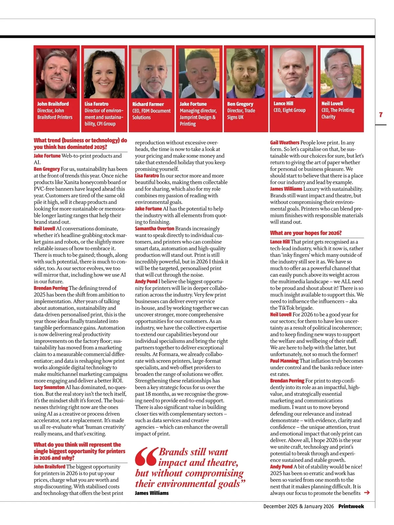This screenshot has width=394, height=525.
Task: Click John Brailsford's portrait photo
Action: click(x=56, y=73)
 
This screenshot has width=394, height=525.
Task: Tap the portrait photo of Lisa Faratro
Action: click(x=104, y=73)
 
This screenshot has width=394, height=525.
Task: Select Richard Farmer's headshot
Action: click(x=152, y=73)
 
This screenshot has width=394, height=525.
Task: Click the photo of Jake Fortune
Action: click(x=199, y=73)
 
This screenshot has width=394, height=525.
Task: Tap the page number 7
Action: click(x=381, y=115)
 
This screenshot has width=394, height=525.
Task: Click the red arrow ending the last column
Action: click(x=367, y=492)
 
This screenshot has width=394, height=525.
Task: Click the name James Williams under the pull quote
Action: click(x=152, y=493)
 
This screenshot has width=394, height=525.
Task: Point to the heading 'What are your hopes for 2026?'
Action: click(x=306, y=233)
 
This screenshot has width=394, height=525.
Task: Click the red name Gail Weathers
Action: click(x=284, y=142)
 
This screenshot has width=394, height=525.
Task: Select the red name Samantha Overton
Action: click(x=154, y=229)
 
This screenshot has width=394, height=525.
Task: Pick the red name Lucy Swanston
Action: click(x=49, y=387)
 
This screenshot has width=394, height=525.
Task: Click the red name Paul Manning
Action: click(x=284, y=361)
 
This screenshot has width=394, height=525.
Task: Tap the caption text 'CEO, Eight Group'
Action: click(x=289, y=110)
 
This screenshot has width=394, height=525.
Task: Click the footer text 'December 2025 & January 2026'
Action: click(x=298, y=506)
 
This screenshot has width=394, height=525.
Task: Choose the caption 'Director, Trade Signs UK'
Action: click(x=241, y=114)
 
